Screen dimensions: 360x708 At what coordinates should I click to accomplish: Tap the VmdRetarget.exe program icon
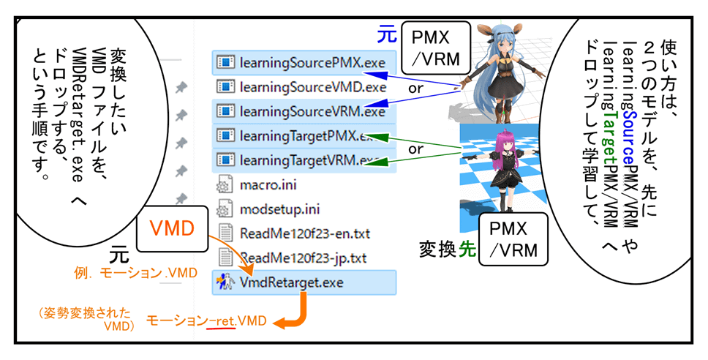[x=224, y=282]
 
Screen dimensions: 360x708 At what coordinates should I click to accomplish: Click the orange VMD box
[x=171, y=228]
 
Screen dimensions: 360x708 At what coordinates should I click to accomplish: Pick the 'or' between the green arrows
[x=416, y=149]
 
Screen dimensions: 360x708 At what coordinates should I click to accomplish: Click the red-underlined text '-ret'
[x=222, y=321]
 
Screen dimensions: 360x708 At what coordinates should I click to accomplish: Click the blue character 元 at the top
[x=386, y=34]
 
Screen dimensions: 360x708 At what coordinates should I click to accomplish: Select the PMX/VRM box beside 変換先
[x=513, y=239]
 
